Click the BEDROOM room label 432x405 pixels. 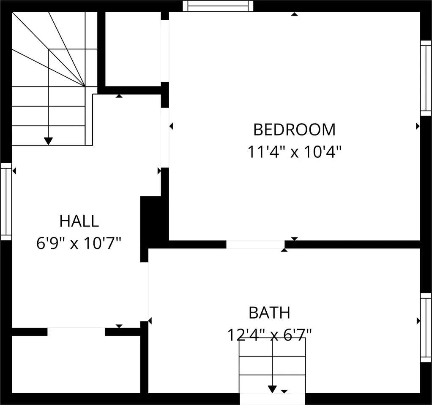pos(294,130)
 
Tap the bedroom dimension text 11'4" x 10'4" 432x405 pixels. pos(294,152)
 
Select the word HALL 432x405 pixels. pos(79,221)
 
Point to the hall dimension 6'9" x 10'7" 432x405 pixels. pos(79,243)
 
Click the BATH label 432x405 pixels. pos(269,313)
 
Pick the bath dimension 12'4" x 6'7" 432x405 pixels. pos(269,335)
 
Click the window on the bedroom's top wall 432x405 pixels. pos(218,6)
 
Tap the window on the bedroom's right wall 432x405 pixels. pos(426,78)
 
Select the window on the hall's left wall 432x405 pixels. pos(6,202)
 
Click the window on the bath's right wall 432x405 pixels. pos(426,327)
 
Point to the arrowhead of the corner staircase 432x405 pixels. pos(49,141)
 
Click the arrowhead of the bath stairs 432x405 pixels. pos(272,389)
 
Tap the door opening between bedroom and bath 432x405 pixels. pos(255,244)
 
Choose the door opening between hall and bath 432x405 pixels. pos(148,292)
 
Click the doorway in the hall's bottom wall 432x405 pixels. pos(76,332)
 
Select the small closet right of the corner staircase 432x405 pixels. pos(133,49)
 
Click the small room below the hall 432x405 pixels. pos(76,364)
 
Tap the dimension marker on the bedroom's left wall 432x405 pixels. pos(171,126)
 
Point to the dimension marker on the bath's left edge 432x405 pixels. pos(150,321)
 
